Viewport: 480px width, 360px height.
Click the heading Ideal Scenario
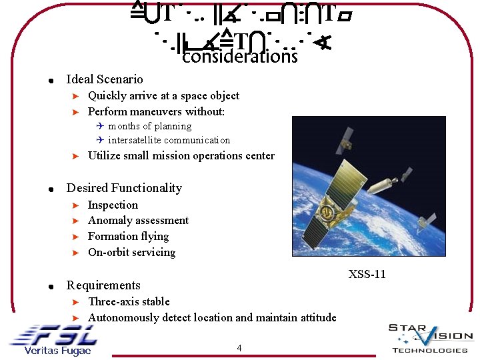point(105,79)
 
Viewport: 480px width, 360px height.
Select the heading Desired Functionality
point(124,188)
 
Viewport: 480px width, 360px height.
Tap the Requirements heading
point(103,285)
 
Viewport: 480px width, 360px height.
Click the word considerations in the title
point(239,57)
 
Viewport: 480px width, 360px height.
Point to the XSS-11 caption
point(367,274)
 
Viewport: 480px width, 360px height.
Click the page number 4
point(239,347)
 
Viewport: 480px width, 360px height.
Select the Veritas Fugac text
point(57,351)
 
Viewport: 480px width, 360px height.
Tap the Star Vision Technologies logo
point(430,337)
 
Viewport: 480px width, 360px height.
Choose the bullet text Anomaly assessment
point(138,221)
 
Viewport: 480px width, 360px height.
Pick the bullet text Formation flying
point(128,237)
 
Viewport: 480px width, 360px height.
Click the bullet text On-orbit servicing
point(131,253)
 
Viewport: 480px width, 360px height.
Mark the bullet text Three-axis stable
point(129,302)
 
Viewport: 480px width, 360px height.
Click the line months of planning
point(149,126)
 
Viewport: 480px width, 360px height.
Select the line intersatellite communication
point(169,140)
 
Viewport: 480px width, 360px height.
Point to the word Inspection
point(113,205)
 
